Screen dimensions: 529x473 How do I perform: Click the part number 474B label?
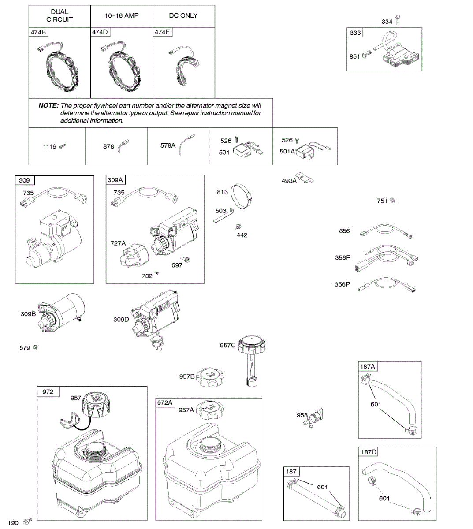(x=38, y=32)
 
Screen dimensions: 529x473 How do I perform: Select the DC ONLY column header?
(x=183, y=15)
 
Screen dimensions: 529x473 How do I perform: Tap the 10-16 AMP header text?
(x=122, y=15)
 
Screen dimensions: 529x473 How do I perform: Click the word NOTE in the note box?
(x=48, y=105)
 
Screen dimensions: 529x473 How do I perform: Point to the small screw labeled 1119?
(x=63, y=146)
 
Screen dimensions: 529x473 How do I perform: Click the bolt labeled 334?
(x=398, y=20)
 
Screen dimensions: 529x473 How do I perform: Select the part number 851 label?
(x=354, y=56)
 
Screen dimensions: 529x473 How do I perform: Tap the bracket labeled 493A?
(x=305, y=178)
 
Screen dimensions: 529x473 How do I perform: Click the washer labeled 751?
(x=393, y=201)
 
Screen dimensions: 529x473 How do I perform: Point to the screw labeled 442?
(x=238, y=227)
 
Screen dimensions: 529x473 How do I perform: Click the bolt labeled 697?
(x=187, y=260)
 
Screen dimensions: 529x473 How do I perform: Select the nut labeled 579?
(x=36, y=348)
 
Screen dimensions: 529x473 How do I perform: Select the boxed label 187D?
(x=369, y=452)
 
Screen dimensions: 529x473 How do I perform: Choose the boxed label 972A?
(x=165, y=403)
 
